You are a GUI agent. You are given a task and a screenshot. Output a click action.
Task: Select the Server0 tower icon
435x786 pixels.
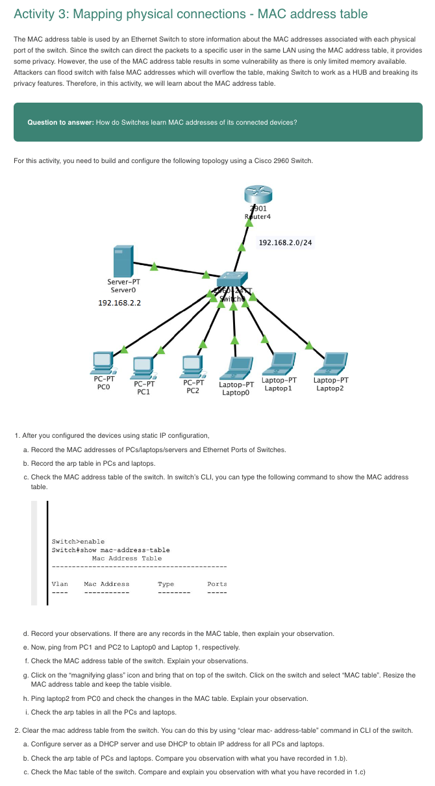pos(123,261)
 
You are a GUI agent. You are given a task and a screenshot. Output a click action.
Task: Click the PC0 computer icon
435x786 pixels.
pos(103,362)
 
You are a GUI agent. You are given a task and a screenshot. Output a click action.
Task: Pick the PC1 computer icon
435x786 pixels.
pos(143,367)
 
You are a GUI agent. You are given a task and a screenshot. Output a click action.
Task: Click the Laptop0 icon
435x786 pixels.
pos(235,368)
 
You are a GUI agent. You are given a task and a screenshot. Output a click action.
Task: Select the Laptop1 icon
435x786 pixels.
pos(280,362)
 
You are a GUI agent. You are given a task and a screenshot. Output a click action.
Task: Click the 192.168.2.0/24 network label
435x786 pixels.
pos(285,243)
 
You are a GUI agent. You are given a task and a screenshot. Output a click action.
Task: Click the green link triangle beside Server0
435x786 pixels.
pos(154,265)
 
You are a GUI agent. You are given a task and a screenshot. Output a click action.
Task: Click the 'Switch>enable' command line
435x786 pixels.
pos(78,542)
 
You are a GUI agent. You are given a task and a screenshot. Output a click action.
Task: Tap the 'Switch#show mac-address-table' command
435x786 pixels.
pos(110,550)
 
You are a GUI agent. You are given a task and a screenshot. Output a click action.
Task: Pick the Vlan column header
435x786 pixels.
pos(60,584)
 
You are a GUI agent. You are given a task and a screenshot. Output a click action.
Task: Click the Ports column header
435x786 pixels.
pos(217,584)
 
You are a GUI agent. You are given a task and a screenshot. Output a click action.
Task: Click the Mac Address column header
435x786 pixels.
pos(106,584)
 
